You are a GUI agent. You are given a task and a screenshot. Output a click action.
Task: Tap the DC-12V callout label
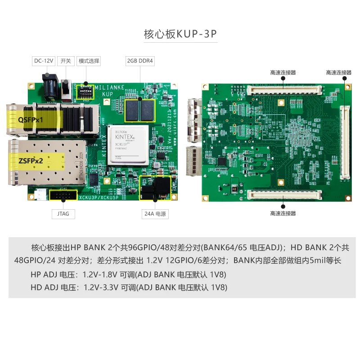click(44, 61)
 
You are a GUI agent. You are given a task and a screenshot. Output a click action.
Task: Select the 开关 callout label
click(66, 61)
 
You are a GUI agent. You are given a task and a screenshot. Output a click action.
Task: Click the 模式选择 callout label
click(89, 61)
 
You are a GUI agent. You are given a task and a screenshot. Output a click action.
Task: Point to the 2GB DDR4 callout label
click(139, 61)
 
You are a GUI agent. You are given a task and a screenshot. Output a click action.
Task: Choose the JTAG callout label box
click(64, 214)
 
